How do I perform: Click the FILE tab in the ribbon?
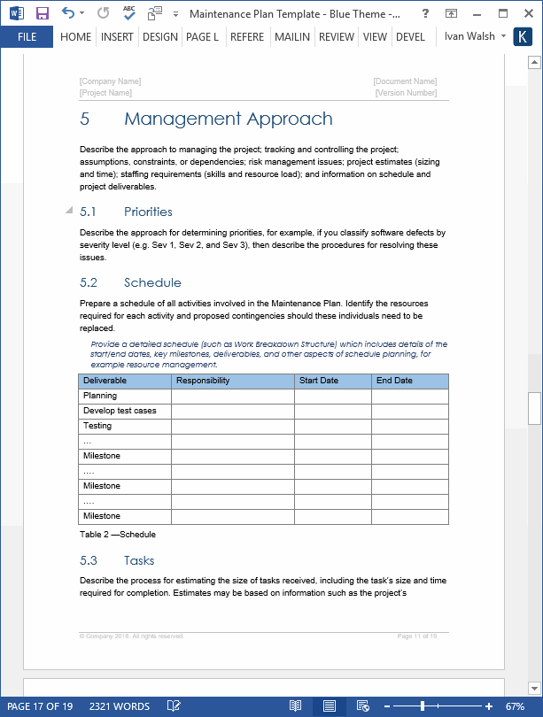(27, 37)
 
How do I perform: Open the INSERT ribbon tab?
(117, 37)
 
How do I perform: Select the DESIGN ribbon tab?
(159, 37)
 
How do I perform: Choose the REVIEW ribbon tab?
(336, 37)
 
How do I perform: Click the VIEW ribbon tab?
(375, 37)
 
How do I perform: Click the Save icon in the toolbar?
(42, 14)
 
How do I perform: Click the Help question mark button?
(426, 14)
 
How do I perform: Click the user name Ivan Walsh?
(469, 37)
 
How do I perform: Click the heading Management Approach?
(228, 119)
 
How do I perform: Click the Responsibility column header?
(203, 381)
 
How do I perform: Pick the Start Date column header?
(319, 381)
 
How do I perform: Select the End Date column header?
(394, 381)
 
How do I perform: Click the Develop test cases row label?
(120, 411)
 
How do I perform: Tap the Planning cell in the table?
(100, 396)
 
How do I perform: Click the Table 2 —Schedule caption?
(118, 535)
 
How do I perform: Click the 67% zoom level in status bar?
(515, 706)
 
